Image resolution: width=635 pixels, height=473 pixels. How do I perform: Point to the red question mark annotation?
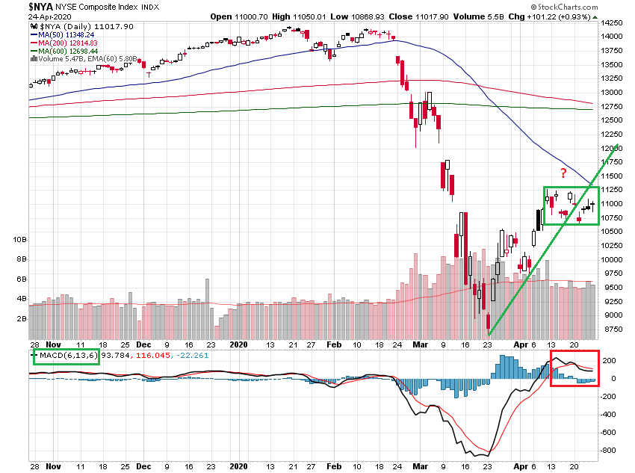pos(563,174)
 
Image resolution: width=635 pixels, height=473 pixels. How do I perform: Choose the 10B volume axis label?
pos(20,240)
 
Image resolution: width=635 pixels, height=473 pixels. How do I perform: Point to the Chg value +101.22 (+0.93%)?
pos(570,16)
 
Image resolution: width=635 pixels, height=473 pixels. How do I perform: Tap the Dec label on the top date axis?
pos(143,346)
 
